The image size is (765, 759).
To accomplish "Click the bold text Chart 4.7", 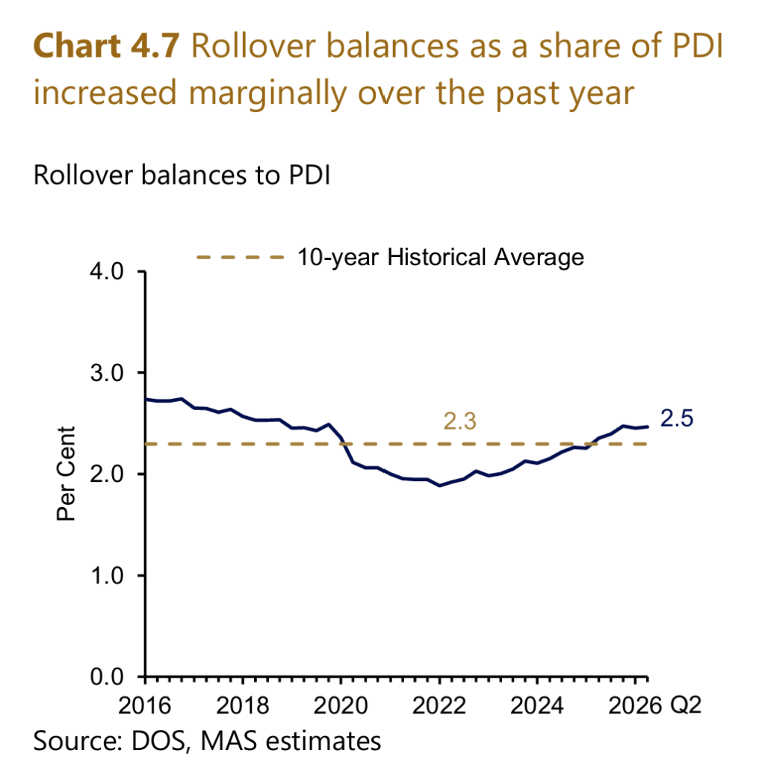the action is (106, 46).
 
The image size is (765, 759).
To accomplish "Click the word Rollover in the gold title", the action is (253, 46).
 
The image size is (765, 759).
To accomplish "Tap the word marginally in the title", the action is (267, 93).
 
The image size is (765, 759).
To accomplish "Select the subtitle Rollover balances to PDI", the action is (182, 175).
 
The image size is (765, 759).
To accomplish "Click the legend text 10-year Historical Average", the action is (441, 257).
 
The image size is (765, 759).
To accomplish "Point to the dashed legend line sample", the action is (240, 257).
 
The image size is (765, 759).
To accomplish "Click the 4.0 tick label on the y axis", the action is (106, 271).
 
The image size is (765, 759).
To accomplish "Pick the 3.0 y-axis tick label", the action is (106, 374).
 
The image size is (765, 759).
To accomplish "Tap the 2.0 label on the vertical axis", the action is (106, 474).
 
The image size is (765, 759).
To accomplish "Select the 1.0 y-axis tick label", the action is (106, 575).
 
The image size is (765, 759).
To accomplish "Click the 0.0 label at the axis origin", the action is (106, 677).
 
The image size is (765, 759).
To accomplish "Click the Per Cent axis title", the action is (66, 474).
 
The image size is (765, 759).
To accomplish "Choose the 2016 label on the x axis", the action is (145, 705).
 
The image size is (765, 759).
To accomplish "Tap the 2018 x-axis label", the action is (243, 705).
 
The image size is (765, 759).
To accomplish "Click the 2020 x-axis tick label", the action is (341, 705).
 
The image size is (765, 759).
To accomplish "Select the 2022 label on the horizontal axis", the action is (439, 705).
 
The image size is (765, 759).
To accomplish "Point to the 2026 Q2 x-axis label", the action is (654, 705).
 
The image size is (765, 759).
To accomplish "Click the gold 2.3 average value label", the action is (459, 421).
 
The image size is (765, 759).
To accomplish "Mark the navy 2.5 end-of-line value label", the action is (677, 418).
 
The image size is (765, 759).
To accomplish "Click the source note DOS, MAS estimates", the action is (256, 740).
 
